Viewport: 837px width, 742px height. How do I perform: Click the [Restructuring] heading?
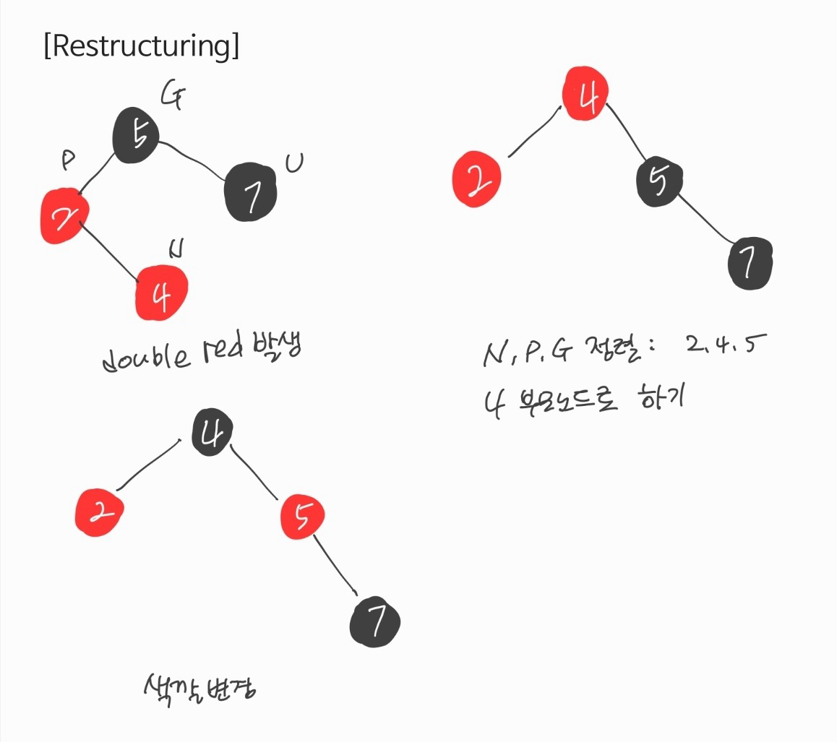[141, 46]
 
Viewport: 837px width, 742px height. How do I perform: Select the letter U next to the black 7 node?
[294, 164]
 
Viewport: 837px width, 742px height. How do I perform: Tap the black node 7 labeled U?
[250, 192]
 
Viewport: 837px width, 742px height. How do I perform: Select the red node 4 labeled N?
[162, 293]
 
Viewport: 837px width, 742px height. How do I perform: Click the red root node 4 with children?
[586, 95]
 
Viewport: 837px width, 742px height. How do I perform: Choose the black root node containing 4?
[213, 432]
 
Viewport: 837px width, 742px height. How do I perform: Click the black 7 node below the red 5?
[374, 622]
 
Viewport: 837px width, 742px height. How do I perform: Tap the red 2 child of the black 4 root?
[99, 512]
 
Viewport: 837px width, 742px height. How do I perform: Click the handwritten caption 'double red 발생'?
[201, 355]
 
